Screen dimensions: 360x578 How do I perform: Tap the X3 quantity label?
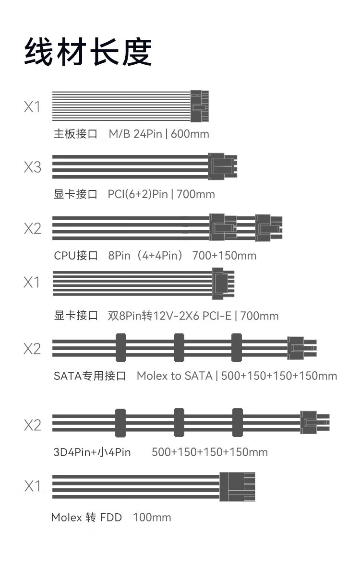point(32,168)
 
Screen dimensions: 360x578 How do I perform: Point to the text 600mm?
point(190,134)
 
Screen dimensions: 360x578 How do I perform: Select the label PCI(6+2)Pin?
point(138,194)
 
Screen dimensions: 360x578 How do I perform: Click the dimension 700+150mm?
point(224,256)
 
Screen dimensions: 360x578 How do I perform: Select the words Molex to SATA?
point(174,376)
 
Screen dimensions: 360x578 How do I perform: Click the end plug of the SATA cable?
point(301,348)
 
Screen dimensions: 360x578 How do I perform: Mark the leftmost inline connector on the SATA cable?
point(120,348)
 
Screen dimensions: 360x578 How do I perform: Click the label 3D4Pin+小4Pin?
point(92,452)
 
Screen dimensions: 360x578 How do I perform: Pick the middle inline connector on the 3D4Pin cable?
point(179,422)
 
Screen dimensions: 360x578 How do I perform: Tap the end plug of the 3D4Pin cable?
point(314,422)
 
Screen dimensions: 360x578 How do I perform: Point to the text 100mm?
point(152,518)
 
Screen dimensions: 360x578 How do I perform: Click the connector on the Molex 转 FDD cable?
point(237,487)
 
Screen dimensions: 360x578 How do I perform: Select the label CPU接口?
point(76,256)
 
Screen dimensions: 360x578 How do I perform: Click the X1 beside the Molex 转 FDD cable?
point(32,486)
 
